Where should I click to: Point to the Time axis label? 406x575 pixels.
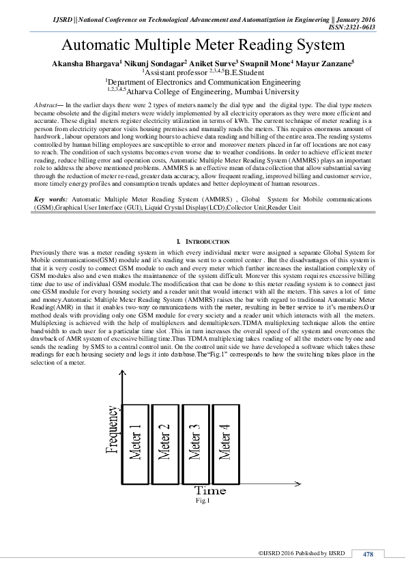click(209, 490)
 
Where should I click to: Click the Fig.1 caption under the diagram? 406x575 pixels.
click(202, 501)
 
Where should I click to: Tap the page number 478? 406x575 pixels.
click(368, 553)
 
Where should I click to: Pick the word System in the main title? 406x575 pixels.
click(316, 46)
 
